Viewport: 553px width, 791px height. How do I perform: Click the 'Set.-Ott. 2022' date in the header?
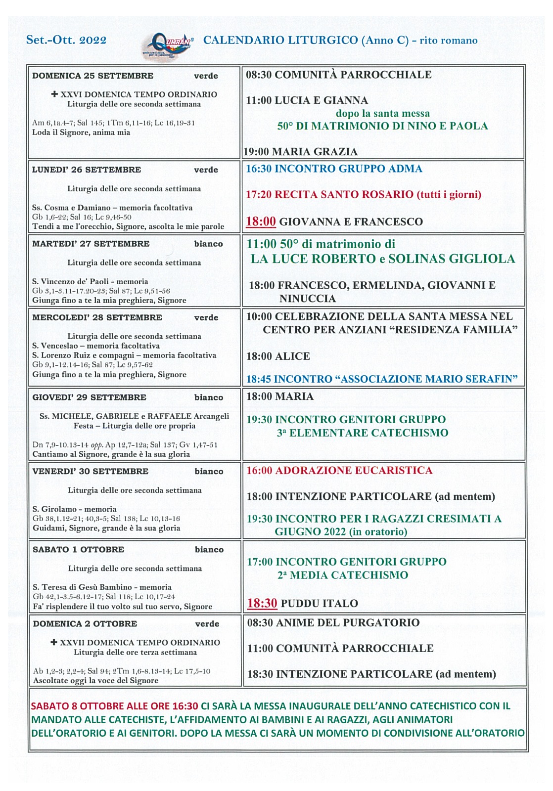66,40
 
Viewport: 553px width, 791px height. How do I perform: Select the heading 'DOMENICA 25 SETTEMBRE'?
92,76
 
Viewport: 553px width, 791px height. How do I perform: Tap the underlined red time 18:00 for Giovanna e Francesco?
261,221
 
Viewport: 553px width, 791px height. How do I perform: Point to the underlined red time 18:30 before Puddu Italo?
262,603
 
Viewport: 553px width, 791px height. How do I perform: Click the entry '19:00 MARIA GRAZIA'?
300,151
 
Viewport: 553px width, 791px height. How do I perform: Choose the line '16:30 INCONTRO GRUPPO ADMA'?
334,169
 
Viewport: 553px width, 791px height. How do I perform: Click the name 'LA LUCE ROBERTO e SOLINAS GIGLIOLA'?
382,259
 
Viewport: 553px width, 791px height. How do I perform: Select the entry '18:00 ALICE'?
278,356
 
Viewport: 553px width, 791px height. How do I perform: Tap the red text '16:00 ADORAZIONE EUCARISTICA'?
339,470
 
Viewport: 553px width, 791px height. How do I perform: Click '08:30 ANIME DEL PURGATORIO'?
333,622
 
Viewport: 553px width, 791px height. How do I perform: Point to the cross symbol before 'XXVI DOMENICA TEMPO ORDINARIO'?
54,94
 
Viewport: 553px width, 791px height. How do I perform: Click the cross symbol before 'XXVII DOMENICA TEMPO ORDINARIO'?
54,642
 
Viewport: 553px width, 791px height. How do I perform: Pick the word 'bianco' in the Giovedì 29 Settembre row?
209,397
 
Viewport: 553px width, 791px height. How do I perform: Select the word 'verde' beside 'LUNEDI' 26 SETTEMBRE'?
206,170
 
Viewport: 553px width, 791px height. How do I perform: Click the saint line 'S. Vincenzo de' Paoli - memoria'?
90,281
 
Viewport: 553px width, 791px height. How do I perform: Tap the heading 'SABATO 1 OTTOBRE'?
78,549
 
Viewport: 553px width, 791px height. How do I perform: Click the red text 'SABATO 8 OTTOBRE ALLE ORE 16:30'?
114,706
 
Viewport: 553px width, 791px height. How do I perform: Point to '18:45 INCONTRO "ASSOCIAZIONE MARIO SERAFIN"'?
382,379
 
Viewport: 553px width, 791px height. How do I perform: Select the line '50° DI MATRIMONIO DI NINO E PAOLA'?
382,126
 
